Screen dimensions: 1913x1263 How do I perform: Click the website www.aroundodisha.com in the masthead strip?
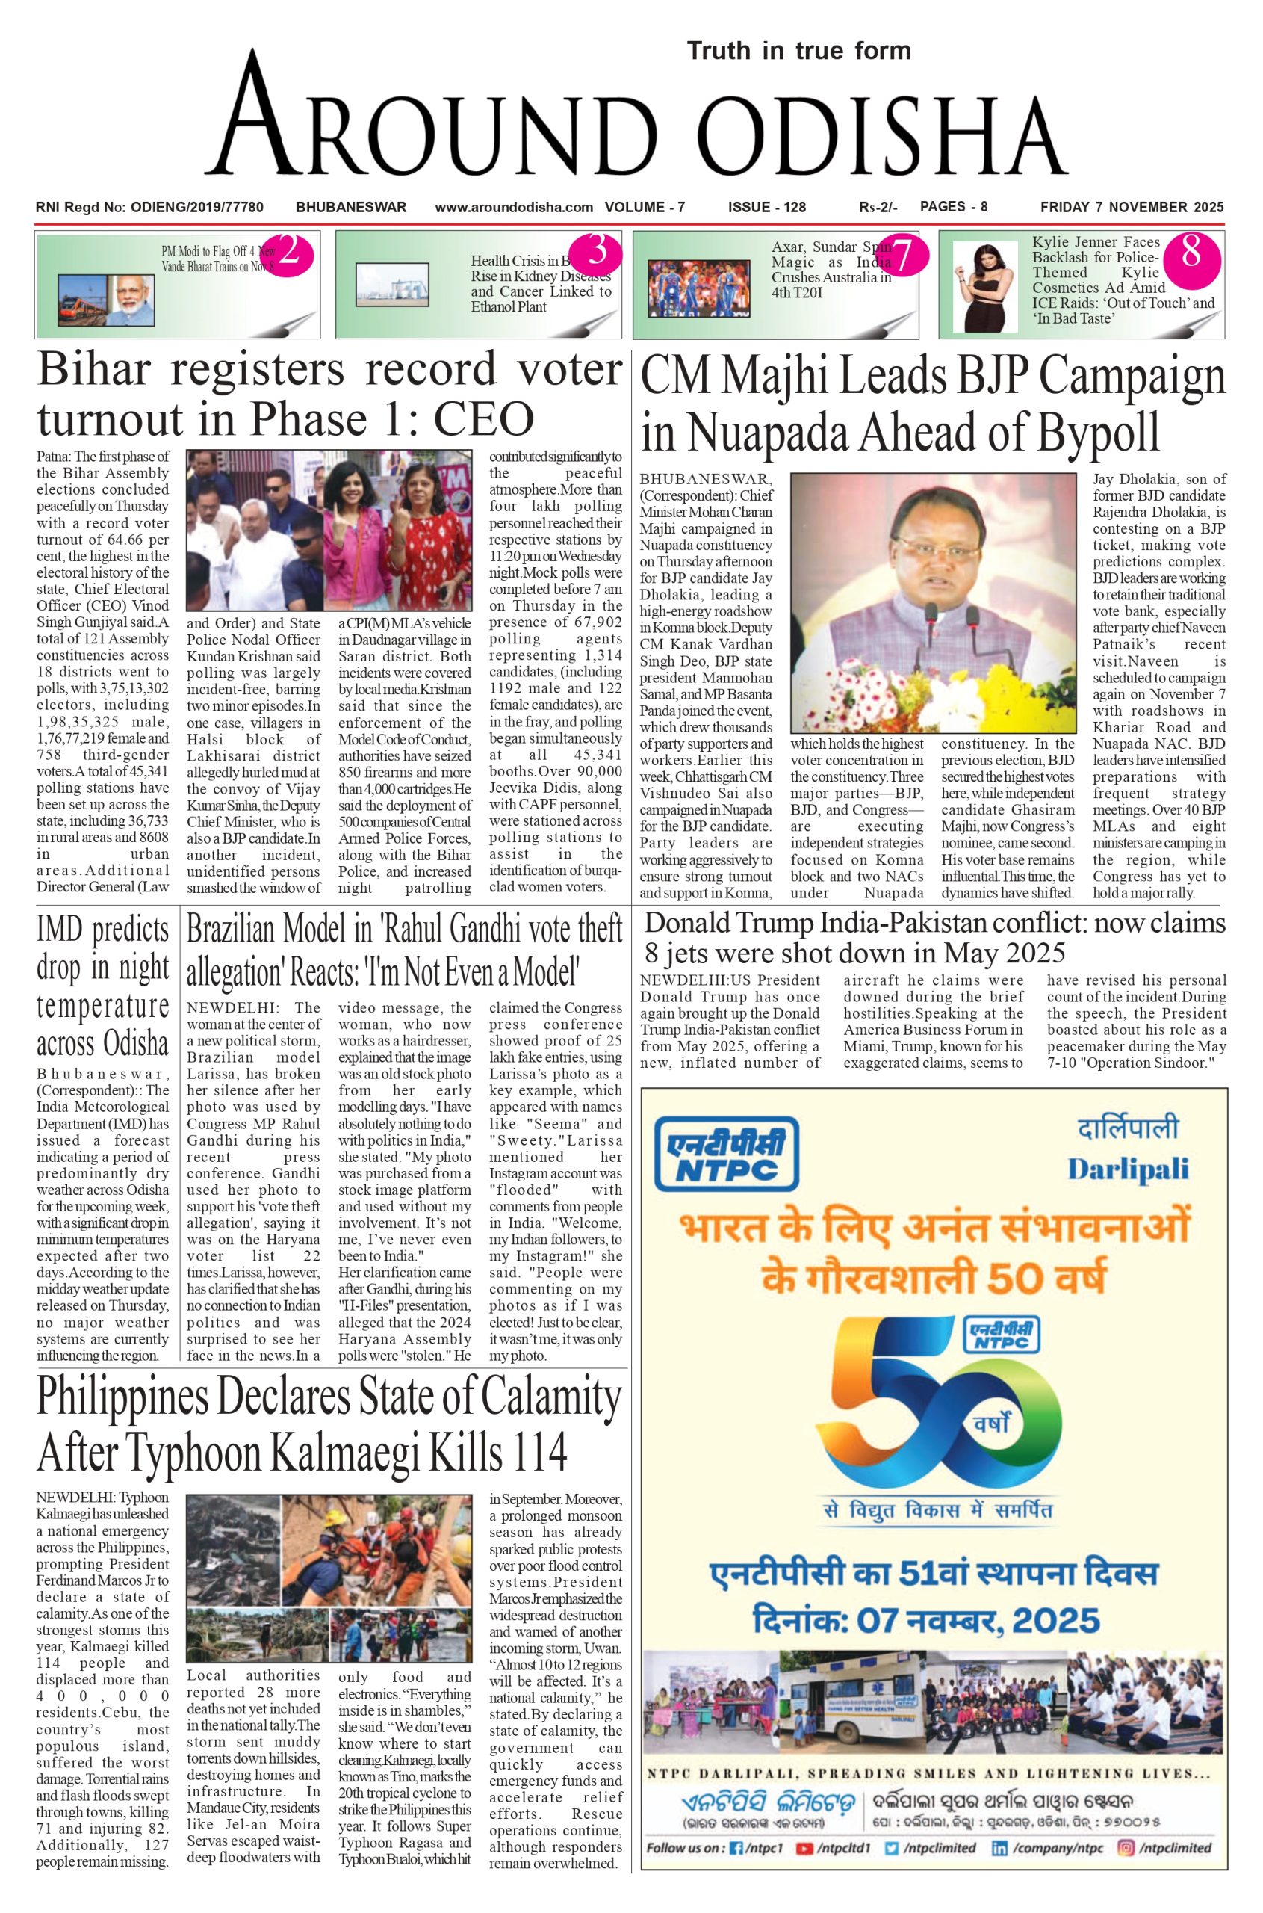tap(514, 207)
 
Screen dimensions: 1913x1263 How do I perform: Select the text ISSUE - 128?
tap(766, 207)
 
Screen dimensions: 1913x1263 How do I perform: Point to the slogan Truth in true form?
tap(798, 51)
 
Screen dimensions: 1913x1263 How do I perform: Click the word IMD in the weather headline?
tap(59, 930)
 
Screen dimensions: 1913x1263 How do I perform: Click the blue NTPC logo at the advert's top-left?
tap(726, 1153)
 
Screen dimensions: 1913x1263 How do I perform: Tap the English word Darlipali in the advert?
tap(1127, 1169)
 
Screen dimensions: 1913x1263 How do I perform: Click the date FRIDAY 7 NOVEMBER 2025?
tap(1131, 207)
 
